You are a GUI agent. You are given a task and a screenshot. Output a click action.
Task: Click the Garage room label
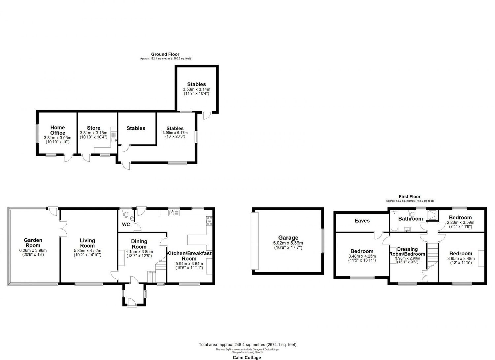click(x=288, y=238)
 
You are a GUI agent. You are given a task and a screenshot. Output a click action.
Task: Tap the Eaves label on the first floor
click(x=362, y=221)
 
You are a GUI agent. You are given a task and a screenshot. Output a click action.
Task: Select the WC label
click(x=126, y=225)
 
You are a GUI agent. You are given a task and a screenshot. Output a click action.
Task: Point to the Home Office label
click(x=58, y=130)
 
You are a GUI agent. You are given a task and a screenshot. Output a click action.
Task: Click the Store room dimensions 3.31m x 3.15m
click(x=93, y=133)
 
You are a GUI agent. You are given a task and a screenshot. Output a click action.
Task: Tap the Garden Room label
click(x=33, y=242)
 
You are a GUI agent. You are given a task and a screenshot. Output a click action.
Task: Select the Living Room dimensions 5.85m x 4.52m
click(x=87, y=251)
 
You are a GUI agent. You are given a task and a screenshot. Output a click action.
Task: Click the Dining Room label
click(x=139, y=244)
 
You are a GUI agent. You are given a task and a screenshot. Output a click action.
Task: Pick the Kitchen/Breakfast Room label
click(x=189, y=256)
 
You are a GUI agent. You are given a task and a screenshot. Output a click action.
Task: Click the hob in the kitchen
click(x=209, y=221)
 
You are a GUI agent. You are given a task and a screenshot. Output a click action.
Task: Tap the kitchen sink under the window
click(x=174, y=213)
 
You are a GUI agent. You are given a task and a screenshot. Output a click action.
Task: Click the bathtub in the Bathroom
click(x=394, y=221)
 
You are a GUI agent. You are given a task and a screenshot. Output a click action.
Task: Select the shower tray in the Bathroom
click(x=432, y=215)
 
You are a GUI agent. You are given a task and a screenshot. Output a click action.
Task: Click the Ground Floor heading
click(x=165, y=54)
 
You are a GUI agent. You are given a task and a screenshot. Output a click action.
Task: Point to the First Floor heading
click(x=410, y=197)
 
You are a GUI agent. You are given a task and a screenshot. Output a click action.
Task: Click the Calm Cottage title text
click(x=247, y=358)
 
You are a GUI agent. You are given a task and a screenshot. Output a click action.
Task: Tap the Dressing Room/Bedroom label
click(x=407, y=252)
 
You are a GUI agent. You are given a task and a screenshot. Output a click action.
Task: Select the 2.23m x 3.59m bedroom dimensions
click(x=460, y=223)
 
